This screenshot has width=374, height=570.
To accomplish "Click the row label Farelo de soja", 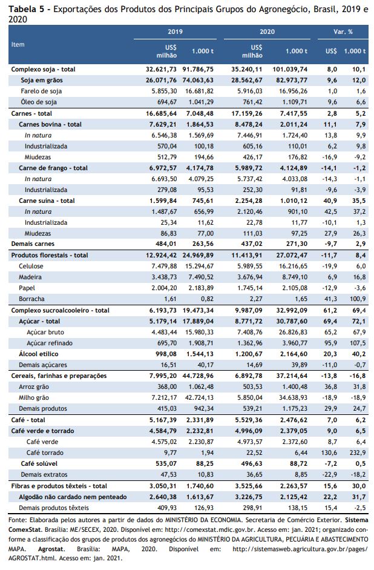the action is [x=41, y=91].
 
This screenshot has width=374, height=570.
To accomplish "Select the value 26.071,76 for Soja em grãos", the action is [x=161, y=81].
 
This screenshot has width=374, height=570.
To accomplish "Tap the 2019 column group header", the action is [x=175, y=32].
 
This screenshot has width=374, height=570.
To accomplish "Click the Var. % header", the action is [x=343, y=32].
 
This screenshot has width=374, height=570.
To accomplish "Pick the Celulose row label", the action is [x=31, y=266].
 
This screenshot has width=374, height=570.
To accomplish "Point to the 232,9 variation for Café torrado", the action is [x=359, y=452].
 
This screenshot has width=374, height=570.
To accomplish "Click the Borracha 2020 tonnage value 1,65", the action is [x=301, y=299].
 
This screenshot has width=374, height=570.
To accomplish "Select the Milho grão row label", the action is [x=34, y=398].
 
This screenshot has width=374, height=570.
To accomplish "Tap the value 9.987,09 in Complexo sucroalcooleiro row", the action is [x=247, y=311].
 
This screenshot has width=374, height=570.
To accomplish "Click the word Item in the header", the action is [x=18, y=44].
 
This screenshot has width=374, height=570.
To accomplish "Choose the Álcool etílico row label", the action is [x=39, y=354].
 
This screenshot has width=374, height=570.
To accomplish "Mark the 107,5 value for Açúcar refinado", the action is [x=359, y=343].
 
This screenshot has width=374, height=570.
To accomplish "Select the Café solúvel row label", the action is [x=39, y=463].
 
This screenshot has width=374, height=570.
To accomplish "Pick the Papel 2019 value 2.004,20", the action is [x=164, y=288].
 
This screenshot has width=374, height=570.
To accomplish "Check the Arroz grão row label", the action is [x=34, y=387].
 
